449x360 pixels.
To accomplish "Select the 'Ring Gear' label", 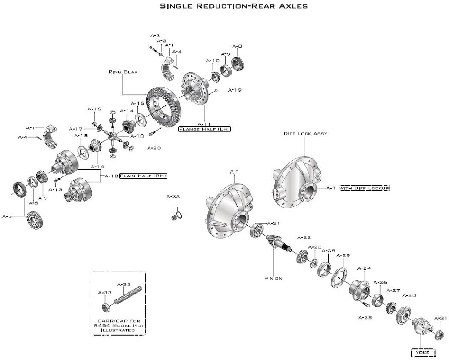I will coord(122,72).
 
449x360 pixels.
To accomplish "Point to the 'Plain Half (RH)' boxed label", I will coord(143,176).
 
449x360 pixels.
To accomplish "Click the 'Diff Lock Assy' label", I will coord(305,133).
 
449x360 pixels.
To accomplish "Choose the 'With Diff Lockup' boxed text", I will coord(364,188).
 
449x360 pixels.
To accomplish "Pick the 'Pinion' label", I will coord(273,278).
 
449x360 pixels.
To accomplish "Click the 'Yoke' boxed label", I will coord(423,352).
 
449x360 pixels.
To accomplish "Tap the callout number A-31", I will coord(441,318).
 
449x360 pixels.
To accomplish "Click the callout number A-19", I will coord(234,90).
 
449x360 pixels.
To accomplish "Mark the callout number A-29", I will coord(343,255).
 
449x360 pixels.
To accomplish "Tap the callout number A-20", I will coord(154,148).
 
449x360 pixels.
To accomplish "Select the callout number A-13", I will coord(55,189).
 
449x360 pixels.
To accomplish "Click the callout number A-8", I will coord(237,46).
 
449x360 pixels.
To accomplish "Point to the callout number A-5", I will coord(7,216).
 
